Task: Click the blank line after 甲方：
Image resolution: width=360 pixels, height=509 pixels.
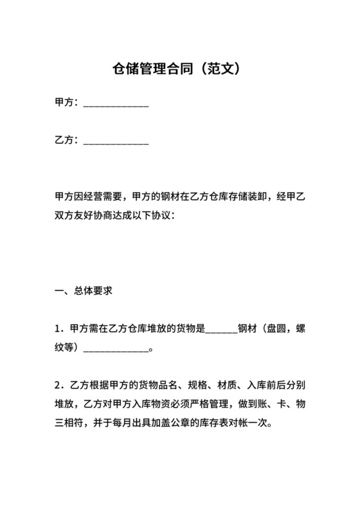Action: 116,103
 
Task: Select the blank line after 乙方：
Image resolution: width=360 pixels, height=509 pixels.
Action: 116,139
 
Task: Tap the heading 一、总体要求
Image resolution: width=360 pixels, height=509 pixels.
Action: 84,290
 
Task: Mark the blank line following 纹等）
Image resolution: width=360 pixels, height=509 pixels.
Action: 116,348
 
